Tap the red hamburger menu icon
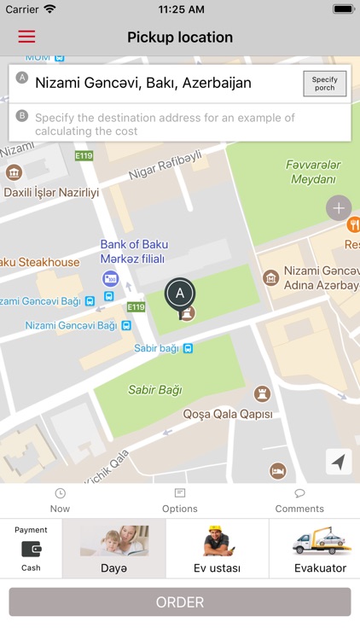[x=26, y=37]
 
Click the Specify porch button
[x=324, y=84]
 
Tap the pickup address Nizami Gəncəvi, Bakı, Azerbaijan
[x=143, y=84]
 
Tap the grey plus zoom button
[x=339, y=208]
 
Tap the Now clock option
[x=60, y=501]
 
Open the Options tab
[x=179, y=501]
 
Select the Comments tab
[x=299, y=501]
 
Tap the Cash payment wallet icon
[x=31, y=549]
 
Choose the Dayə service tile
[x=113, y=549]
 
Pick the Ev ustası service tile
[x=217, y=549]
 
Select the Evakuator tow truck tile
[x=319, y=549]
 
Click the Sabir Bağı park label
[x=154, y=390]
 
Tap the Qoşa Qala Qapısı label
[x=228, y=414]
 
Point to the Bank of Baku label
[x=132, y=243]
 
